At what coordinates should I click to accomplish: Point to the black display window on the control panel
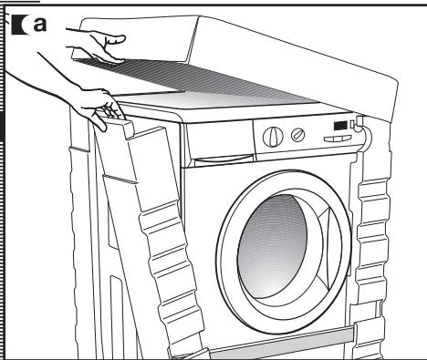340,126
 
